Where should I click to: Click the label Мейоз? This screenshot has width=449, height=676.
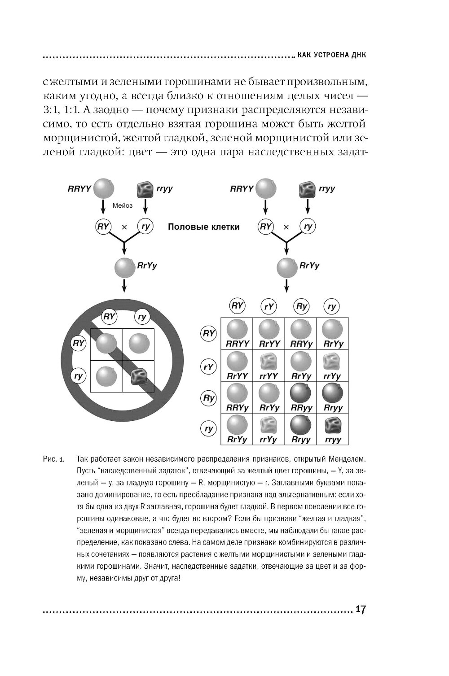point(123,205)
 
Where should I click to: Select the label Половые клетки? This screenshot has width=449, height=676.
point(203,227)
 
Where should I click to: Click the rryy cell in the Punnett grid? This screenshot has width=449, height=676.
point(333,429)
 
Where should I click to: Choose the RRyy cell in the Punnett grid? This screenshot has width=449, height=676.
point(301,397)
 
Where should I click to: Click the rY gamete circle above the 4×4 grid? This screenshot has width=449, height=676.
point(269,307)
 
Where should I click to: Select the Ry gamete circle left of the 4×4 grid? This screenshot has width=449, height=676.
point(209,398)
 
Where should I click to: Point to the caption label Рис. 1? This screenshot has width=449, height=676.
point(53,460)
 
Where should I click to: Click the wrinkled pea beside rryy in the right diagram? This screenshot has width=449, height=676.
point(307,189)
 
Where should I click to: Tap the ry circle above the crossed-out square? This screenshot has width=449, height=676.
point(142,317)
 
